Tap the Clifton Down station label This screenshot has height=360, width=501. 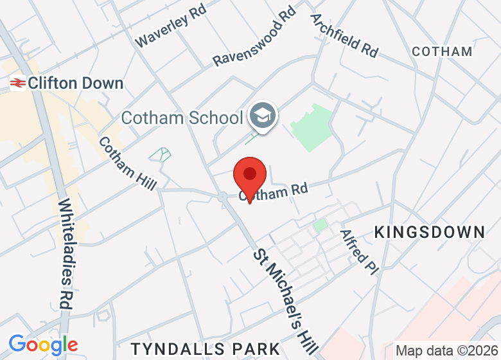pos(76,83)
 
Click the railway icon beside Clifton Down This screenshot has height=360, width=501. pos(17,83)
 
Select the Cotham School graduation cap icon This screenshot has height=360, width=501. pos(262,116)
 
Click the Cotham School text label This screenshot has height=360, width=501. pos(182,118)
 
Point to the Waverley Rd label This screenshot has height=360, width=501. pos(170,29)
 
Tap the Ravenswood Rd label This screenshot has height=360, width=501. pos(255,37)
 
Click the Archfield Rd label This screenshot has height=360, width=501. pos(344,35)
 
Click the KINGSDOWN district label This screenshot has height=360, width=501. pos(430,232)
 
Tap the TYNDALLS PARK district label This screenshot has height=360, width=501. pos(206,349)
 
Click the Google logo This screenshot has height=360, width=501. pos(43,345)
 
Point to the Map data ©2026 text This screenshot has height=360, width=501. pos(447,351)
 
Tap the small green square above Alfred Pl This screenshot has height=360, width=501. pos(320,225)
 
